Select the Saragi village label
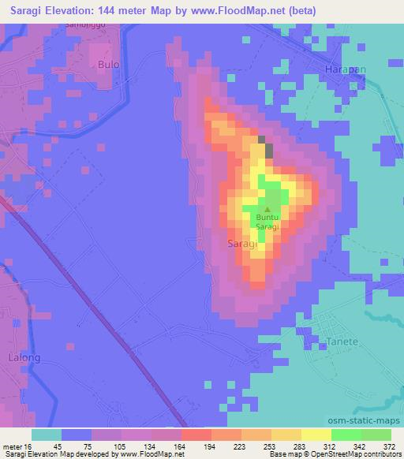tap(241, 244)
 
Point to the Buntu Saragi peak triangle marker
tap(266, 209)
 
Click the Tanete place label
tap(342, 341)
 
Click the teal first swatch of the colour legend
tap(47, 435)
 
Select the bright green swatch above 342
tap(346, 435)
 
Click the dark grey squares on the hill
tap(269, 150)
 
